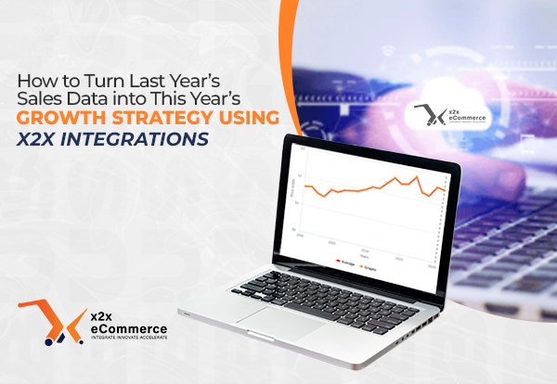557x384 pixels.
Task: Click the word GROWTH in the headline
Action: (58, 118)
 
